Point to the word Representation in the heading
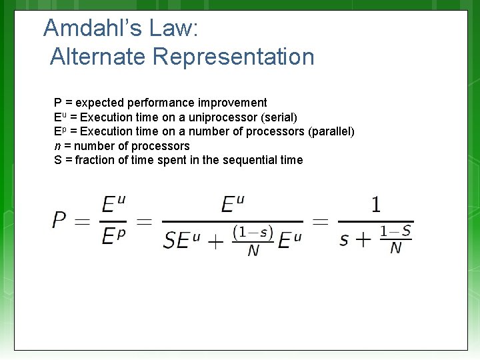tap(233, 57)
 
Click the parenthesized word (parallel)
tap(331, 131)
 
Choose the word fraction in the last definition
tap(97, 160)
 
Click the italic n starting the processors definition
tap(57, 146)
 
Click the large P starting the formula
tap(60, 220)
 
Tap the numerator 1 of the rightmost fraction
tap(376, 204)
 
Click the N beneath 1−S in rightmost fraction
tap(396, 248)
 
